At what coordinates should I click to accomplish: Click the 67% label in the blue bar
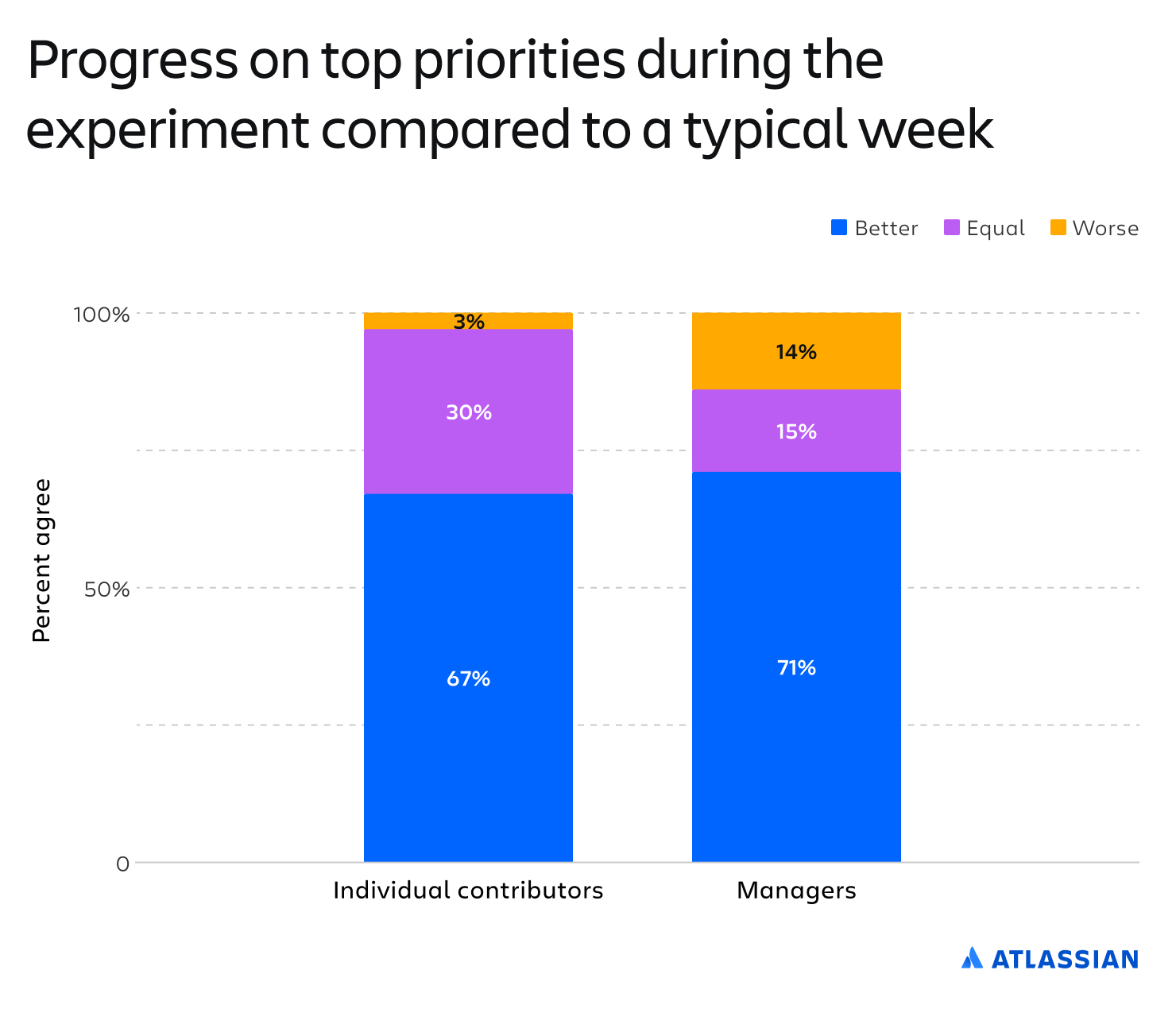pyautogui.click(x=468, y=678)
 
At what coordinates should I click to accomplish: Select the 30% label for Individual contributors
pyautogui.click(x=469, y=412)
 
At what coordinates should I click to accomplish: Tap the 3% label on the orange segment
pyautogui.click(x=469, y=322)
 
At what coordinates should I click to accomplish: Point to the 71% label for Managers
pyautogui.click(x=796, y=667)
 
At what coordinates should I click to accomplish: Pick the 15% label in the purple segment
pyautogui.click(x=796, y=431)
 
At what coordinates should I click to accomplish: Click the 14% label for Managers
pyautogui.click(x=796, y=351)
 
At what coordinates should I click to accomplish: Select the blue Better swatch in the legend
pyautogui.click(x=838, y=227)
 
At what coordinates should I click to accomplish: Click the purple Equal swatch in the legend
pyautogui.click(x=951, y=227)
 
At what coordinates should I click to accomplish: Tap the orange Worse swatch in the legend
pyautogui.click(x=1058, y=227)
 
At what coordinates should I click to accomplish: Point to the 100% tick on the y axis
pyautogui.click(x=101, y=314)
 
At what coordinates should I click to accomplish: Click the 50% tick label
pyautogui.click(x=106, y=589)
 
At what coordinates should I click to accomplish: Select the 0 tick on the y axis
pyautogui.click(x=122, y=864)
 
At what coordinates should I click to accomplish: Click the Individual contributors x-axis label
pyautogui.click(x=468, y=891)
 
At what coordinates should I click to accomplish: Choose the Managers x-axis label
pyautogui.click(x=796, y=891)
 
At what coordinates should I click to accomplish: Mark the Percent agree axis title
pyautogui.click(x=41, y=560)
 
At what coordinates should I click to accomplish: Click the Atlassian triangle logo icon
pyautogui.click(x=972, y=958)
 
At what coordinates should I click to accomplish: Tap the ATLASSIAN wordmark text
pyautogui.click(x=1065, y=960)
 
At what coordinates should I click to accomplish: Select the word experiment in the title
pyautogui.click(x=167, y=131)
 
